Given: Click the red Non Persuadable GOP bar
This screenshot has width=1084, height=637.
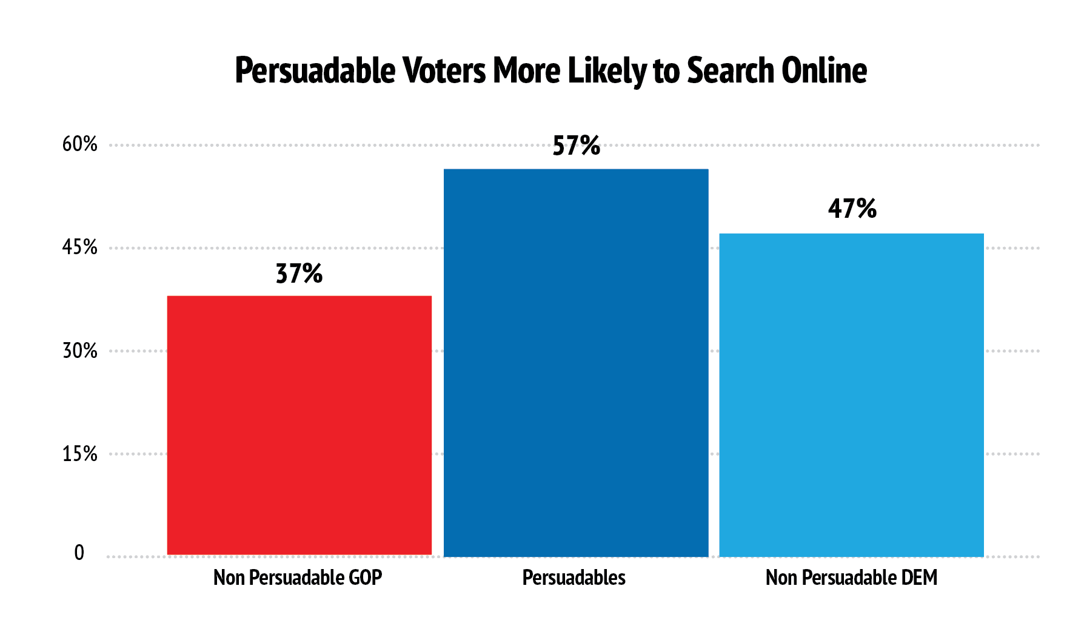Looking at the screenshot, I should (299, 425).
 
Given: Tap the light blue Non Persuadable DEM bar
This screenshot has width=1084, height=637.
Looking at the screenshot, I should (851, 394).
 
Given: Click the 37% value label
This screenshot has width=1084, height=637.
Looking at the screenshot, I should (299, 274).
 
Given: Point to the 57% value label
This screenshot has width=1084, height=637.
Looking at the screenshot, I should (576, 146).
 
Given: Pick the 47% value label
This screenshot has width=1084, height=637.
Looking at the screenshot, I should (852, 209).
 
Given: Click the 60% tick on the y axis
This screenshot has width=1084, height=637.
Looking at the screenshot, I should (80, 144).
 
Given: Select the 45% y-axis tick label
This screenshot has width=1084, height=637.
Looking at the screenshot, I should (80, 248).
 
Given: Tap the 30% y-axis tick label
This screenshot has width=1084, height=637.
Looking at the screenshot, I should (80, 351).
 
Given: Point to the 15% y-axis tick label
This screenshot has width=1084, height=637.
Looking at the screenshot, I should (80, 454).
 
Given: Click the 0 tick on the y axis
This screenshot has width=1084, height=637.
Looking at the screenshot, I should (79, 553).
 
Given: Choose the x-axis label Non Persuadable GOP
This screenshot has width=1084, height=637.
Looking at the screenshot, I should (298, 578).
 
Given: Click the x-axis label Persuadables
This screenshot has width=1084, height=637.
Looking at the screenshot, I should (574, 578).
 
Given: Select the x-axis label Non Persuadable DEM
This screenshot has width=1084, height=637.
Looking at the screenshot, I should (851, 578).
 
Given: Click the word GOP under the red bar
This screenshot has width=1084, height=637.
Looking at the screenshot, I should (365, 578).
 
